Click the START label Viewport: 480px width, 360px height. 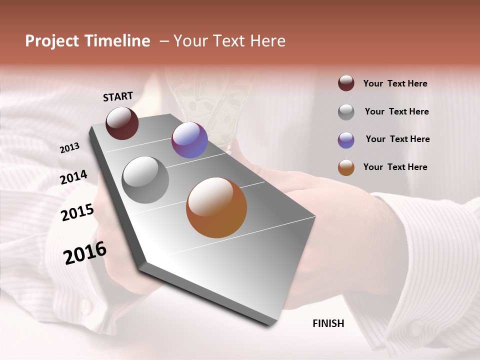[118, 96]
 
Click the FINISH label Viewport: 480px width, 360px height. [328, 323]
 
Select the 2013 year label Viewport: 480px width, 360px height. [70, 148]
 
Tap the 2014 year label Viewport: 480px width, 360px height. [74, 177]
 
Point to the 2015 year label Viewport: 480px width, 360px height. [77, 212]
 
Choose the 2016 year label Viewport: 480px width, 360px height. [85, 252]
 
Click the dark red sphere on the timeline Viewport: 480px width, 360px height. [122, 123]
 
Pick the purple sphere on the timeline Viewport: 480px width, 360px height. [189, 140]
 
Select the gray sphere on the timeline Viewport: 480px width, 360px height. [145, 179]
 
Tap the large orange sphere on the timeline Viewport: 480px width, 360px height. [216, 207]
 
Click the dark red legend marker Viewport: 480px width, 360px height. [346, 83]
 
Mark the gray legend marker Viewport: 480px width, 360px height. [346, 112]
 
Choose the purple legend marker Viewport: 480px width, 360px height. [346, 140]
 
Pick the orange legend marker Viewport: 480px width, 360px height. [346, 167]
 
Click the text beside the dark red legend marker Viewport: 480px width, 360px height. [395, 83]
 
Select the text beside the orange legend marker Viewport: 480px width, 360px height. [395, 167]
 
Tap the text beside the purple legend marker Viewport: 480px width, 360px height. [397, 139]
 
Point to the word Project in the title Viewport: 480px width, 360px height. [51, 41]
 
